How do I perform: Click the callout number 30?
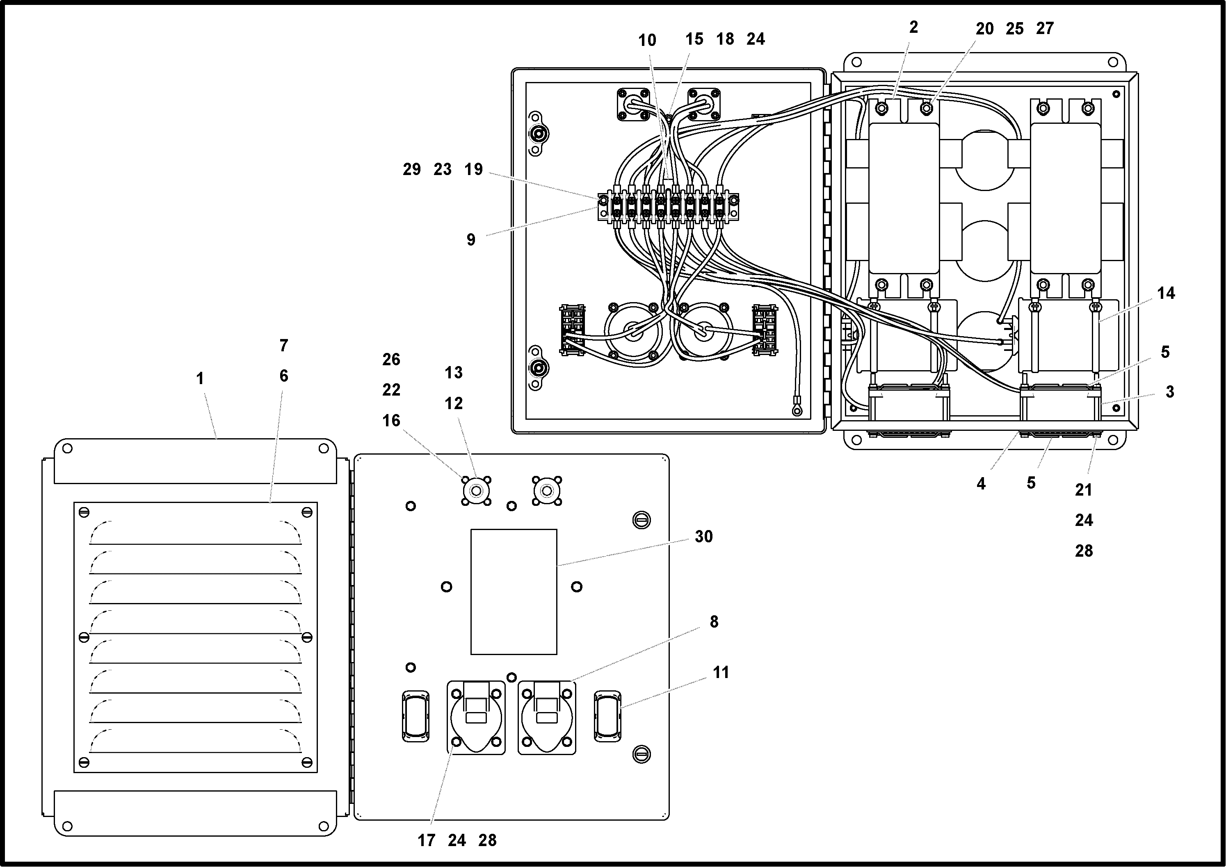(x=703, y=537)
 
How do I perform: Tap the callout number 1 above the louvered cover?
(x=200, y=378)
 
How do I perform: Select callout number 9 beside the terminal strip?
(x=470, y=240)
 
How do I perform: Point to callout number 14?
(x=1166, y=293)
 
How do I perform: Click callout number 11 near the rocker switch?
(x=721, y=673)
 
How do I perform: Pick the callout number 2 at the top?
(x=913, y=27)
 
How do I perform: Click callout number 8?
(x=714, y=622)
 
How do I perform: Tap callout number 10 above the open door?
(x=647, y=40)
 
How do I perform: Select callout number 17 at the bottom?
(x=426, y=840)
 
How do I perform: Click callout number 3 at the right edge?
(x=1170, y=392)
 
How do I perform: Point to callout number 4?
(x=981, y=484)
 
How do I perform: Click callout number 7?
(x=284, y=346)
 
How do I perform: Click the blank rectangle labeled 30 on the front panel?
(x=514, y=592)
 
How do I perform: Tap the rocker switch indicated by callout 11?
(x=607, y=716)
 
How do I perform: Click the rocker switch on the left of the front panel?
(x=415, y=716)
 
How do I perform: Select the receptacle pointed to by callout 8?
(x=546, y=717)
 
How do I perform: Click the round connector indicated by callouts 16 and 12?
(x=476, y=490)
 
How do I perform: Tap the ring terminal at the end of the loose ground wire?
(x=797, y=410)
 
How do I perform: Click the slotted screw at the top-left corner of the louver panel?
(x=84, y=512)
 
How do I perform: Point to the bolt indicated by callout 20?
(x=927, y=108)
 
